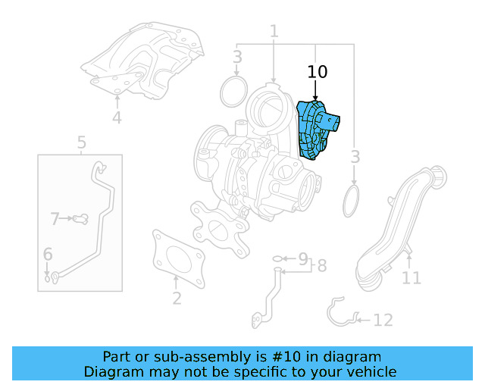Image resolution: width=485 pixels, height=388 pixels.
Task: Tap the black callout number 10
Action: tap(318, 73)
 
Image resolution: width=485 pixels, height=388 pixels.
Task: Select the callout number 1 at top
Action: tap(274, 31)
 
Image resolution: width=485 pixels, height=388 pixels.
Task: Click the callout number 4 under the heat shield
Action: tap(117, 117)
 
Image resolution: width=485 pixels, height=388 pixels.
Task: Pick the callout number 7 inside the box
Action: tap(55, 219)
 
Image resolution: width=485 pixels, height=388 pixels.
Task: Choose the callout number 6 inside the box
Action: tap(48, 255)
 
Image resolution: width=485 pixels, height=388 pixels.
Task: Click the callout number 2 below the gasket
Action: tap(177, 298)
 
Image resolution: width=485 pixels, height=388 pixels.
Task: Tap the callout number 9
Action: tap(302, 258)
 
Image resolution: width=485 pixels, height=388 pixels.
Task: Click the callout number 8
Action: tap(321, 266)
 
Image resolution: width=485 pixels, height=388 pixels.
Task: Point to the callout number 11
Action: tap(411, 278)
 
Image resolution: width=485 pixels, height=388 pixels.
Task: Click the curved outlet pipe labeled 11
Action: tap(398, 227)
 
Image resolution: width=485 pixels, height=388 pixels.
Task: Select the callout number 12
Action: tap(383, 321)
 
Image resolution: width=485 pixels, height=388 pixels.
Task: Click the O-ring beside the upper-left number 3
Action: tap(232, 92)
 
